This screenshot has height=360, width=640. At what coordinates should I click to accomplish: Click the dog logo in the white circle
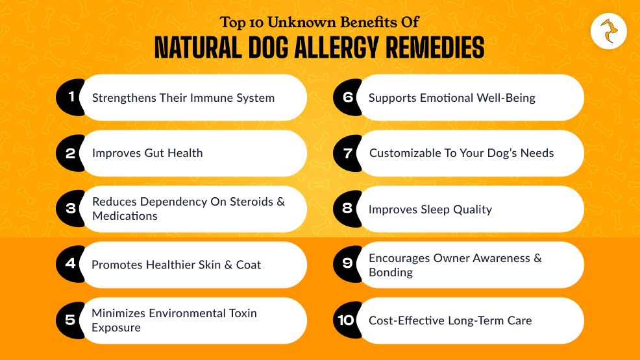pos(609,30)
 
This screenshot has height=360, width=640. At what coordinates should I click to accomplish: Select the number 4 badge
pos(71,264)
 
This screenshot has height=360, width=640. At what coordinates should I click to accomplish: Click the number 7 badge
pos(348,153)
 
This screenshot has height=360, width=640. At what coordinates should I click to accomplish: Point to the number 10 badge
pos(346,320)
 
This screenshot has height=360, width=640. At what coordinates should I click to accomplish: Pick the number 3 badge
pos(71,209)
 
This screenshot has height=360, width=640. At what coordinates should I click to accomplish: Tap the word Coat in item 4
pos(248,265)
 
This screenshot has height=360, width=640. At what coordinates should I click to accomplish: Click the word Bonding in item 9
pos(391,272)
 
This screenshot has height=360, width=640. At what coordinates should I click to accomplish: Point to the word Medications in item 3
pos(125,216)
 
